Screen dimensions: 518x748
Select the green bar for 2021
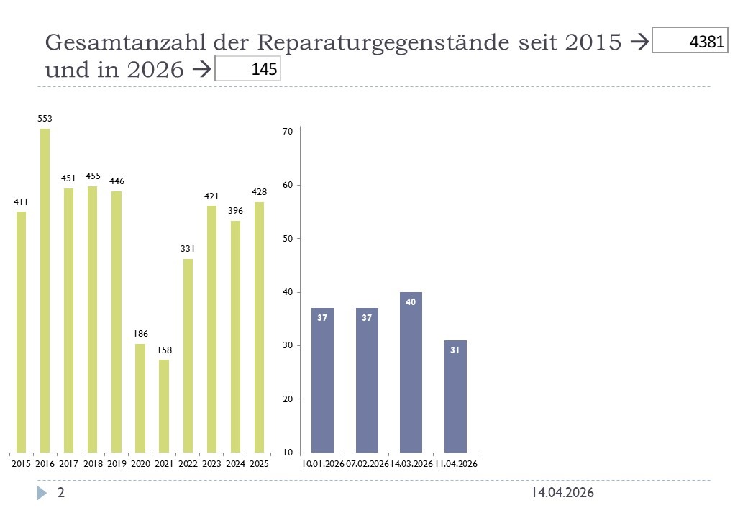click(164, 406)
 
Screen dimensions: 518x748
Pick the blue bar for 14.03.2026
click(411, 372)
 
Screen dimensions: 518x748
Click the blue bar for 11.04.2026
click(455, 396)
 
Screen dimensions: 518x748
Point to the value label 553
click(45, 118)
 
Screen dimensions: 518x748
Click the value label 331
click(188, 249)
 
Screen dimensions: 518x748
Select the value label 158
click(164, 350)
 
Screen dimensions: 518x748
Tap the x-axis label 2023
click(211, 465)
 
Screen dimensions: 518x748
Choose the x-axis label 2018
click(93, 465)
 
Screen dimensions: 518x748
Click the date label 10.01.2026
click(323, 465)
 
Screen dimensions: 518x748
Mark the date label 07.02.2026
click(367, 465)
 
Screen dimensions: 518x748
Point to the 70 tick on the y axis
click(287, 132)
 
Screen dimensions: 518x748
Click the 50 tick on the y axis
click(287, 239)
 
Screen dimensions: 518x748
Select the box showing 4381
click(690, 41)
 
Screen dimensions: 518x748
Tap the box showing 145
click(247, 70)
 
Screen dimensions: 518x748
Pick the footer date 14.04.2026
click(562, 493)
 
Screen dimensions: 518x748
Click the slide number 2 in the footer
click(61, 493)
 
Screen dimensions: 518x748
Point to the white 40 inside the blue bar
click(411, 302)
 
